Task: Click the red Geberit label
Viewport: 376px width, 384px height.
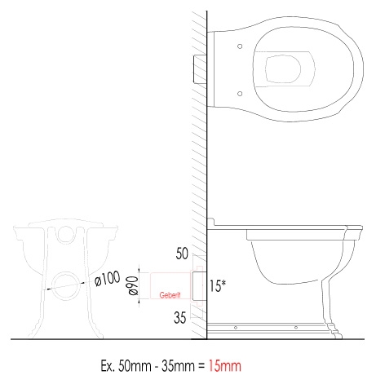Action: coord(170,295)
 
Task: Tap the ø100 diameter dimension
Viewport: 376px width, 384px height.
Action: coord(108,278)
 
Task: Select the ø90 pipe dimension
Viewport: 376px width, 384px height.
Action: coord(134,285)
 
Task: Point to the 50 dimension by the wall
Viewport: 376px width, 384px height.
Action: coord(182,254)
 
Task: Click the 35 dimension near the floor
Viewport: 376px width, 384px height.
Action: coord(180,317)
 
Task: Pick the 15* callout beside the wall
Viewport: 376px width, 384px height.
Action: coord(218,285)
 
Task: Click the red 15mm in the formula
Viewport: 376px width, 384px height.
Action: coord(225,366)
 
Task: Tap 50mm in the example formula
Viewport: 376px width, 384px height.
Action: coord(135,366)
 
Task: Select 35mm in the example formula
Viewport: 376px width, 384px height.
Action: coord(178,366)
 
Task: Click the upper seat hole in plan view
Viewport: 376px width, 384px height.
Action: coord(240,46)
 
